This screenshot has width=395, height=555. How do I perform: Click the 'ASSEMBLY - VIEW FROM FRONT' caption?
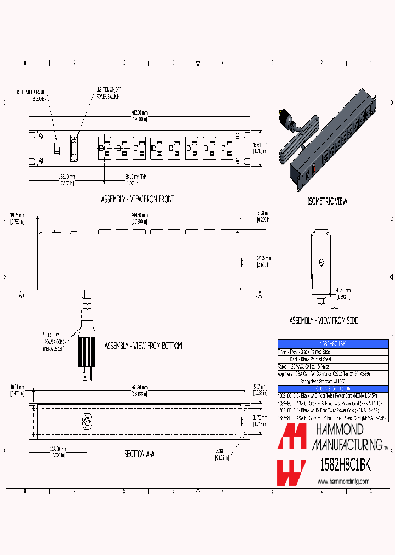pos(138,199)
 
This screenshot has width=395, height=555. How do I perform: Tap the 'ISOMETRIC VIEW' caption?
pos(327,201)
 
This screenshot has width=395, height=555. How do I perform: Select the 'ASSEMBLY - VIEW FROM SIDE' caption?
pos(324,320)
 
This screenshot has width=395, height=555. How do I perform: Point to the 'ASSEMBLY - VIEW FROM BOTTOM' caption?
pos(143,346)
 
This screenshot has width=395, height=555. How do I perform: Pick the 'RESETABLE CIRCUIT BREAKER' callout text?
pos(32,95)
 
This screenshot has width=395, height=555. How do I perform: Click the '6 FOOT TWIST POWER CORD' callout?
pos(53,340)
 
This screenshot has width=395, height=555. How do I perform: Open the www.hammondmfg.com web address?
pos(343,482)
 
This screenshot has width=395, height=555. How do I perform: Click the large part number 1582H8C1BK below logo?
pos(346,465)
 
